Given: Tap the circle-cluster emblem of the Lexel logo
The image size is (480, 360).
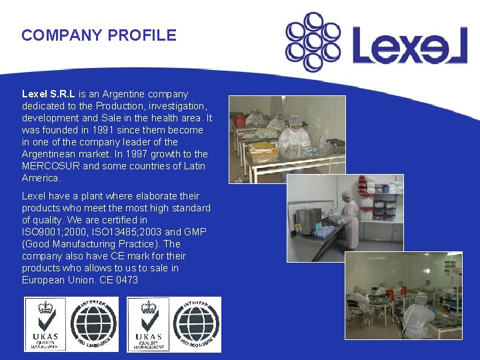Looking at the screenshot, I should click(312, 41).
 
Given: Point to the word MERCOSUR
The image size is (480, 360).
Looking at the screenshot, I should click(53, 166).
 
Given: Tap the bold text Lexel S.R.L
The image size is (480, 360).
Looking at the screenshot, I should click(49, 94).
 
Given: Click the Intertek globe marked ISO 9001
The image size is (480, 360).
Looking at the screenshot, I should click(197, 324).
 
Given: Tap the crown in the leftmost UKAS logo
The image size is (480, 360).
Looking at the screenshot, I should click(46, 309).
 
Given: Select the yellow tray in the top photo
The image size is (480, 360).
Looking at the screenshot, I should click(263, 147).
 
